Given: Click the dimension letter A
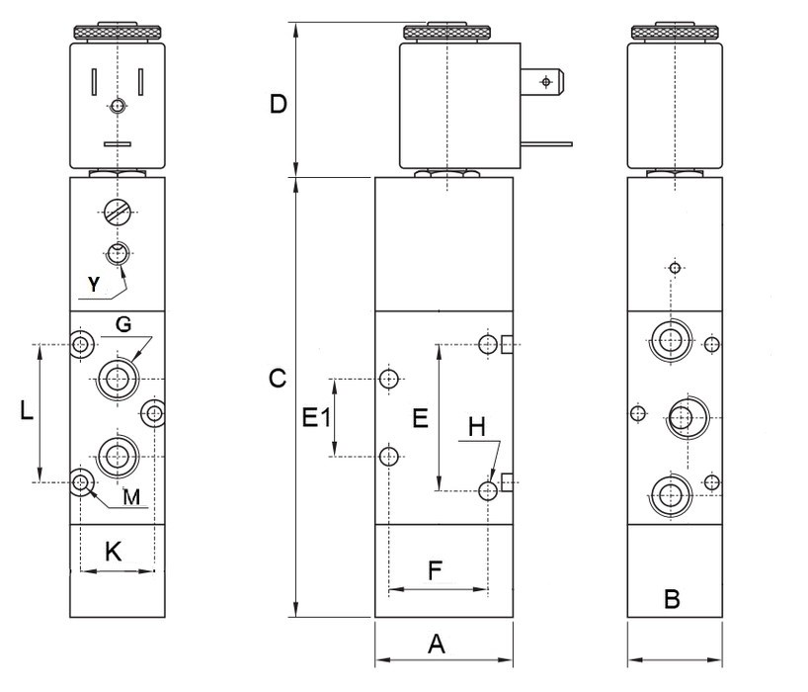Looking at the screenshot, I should tap(437, 645).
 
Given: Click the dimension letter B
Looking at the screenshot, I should tap(672, 598).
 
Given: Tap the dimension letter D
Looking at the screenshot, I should tap(279, 104).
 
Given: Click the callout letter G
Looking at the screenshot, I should tap(123, 324).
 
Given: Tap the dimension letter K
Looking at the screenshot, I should tap(114, 552).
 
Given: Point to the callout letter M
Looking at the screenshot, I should tap(131, 497).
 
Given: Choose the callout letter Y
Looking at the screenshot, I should tap(92, 285).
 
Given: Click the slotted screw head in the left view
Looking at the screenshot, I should tap(118, 212).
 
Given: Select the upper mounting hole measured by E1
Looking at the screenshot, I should tap(390, 378).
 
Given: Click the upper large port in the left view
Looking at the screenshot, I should tap(118, 376).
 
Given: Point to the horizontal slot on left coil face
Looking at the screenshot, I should tap(117, 144).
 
